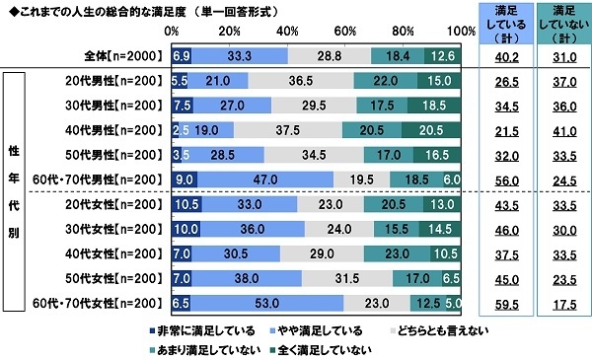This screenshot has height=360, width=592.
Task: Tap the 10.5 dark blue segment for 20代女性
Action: pyautogui.click(x=186, y=206)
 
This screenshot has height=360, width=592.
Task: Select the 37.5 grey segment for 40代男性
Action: pyautogui.click(x=288, y=128)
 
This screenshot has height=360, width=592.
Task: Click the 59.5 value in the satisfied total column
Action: pyautogui.click(x=504, y=303)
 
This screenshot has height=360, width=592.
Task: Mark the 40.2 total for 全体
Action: pyautogui.click(x=504, y=55)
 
